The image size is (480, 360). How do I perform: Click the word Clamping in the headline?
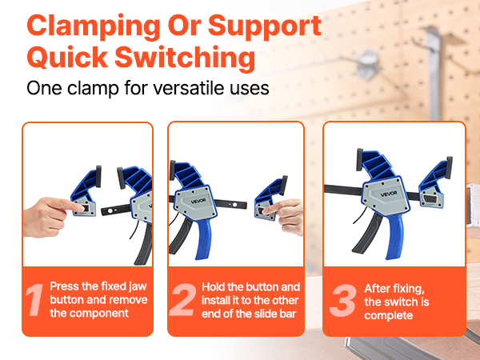click(x=93, y=27)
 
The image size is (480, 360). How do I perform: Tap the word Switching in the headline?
click(x=185, y=58)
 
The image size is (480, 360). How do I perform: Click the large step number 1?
click(x=34, y=300)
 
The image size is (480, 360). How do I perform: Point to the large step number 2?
click(x=182, y=300)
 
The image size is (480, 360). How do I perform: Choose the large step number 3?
click(x=343, y=301)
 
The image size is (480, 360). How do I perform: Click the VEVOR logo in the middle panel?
click(x=198, y=201)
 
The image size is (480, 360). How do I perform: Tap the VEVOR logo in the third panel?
click(x=389, y=194)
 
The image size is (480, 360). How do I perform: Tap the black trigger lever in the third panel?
click(x=366, y=234)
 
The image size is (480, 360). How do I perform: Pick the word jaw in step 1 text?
click(x=138, y=287)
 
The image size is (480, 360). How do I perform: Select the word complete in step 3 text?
click(x=389, y=316)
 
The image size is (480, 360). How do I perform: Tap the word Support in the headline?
click(x=265, y=27)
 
